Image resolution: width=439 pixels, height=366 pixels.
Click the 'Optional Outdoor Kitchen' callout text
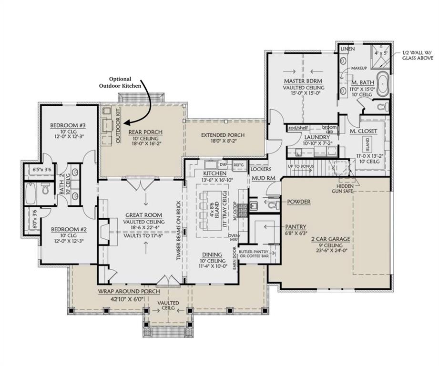click(x=120, y=82)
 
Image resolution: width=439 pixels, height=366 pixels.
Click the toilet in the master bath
click(x=381, y=106)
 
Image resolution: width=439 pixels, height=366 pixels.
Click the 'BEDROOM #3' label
click(x=68, y=126)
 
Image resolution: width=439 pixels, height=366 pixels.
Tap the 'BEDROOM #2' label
click(x=68, y=228)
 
